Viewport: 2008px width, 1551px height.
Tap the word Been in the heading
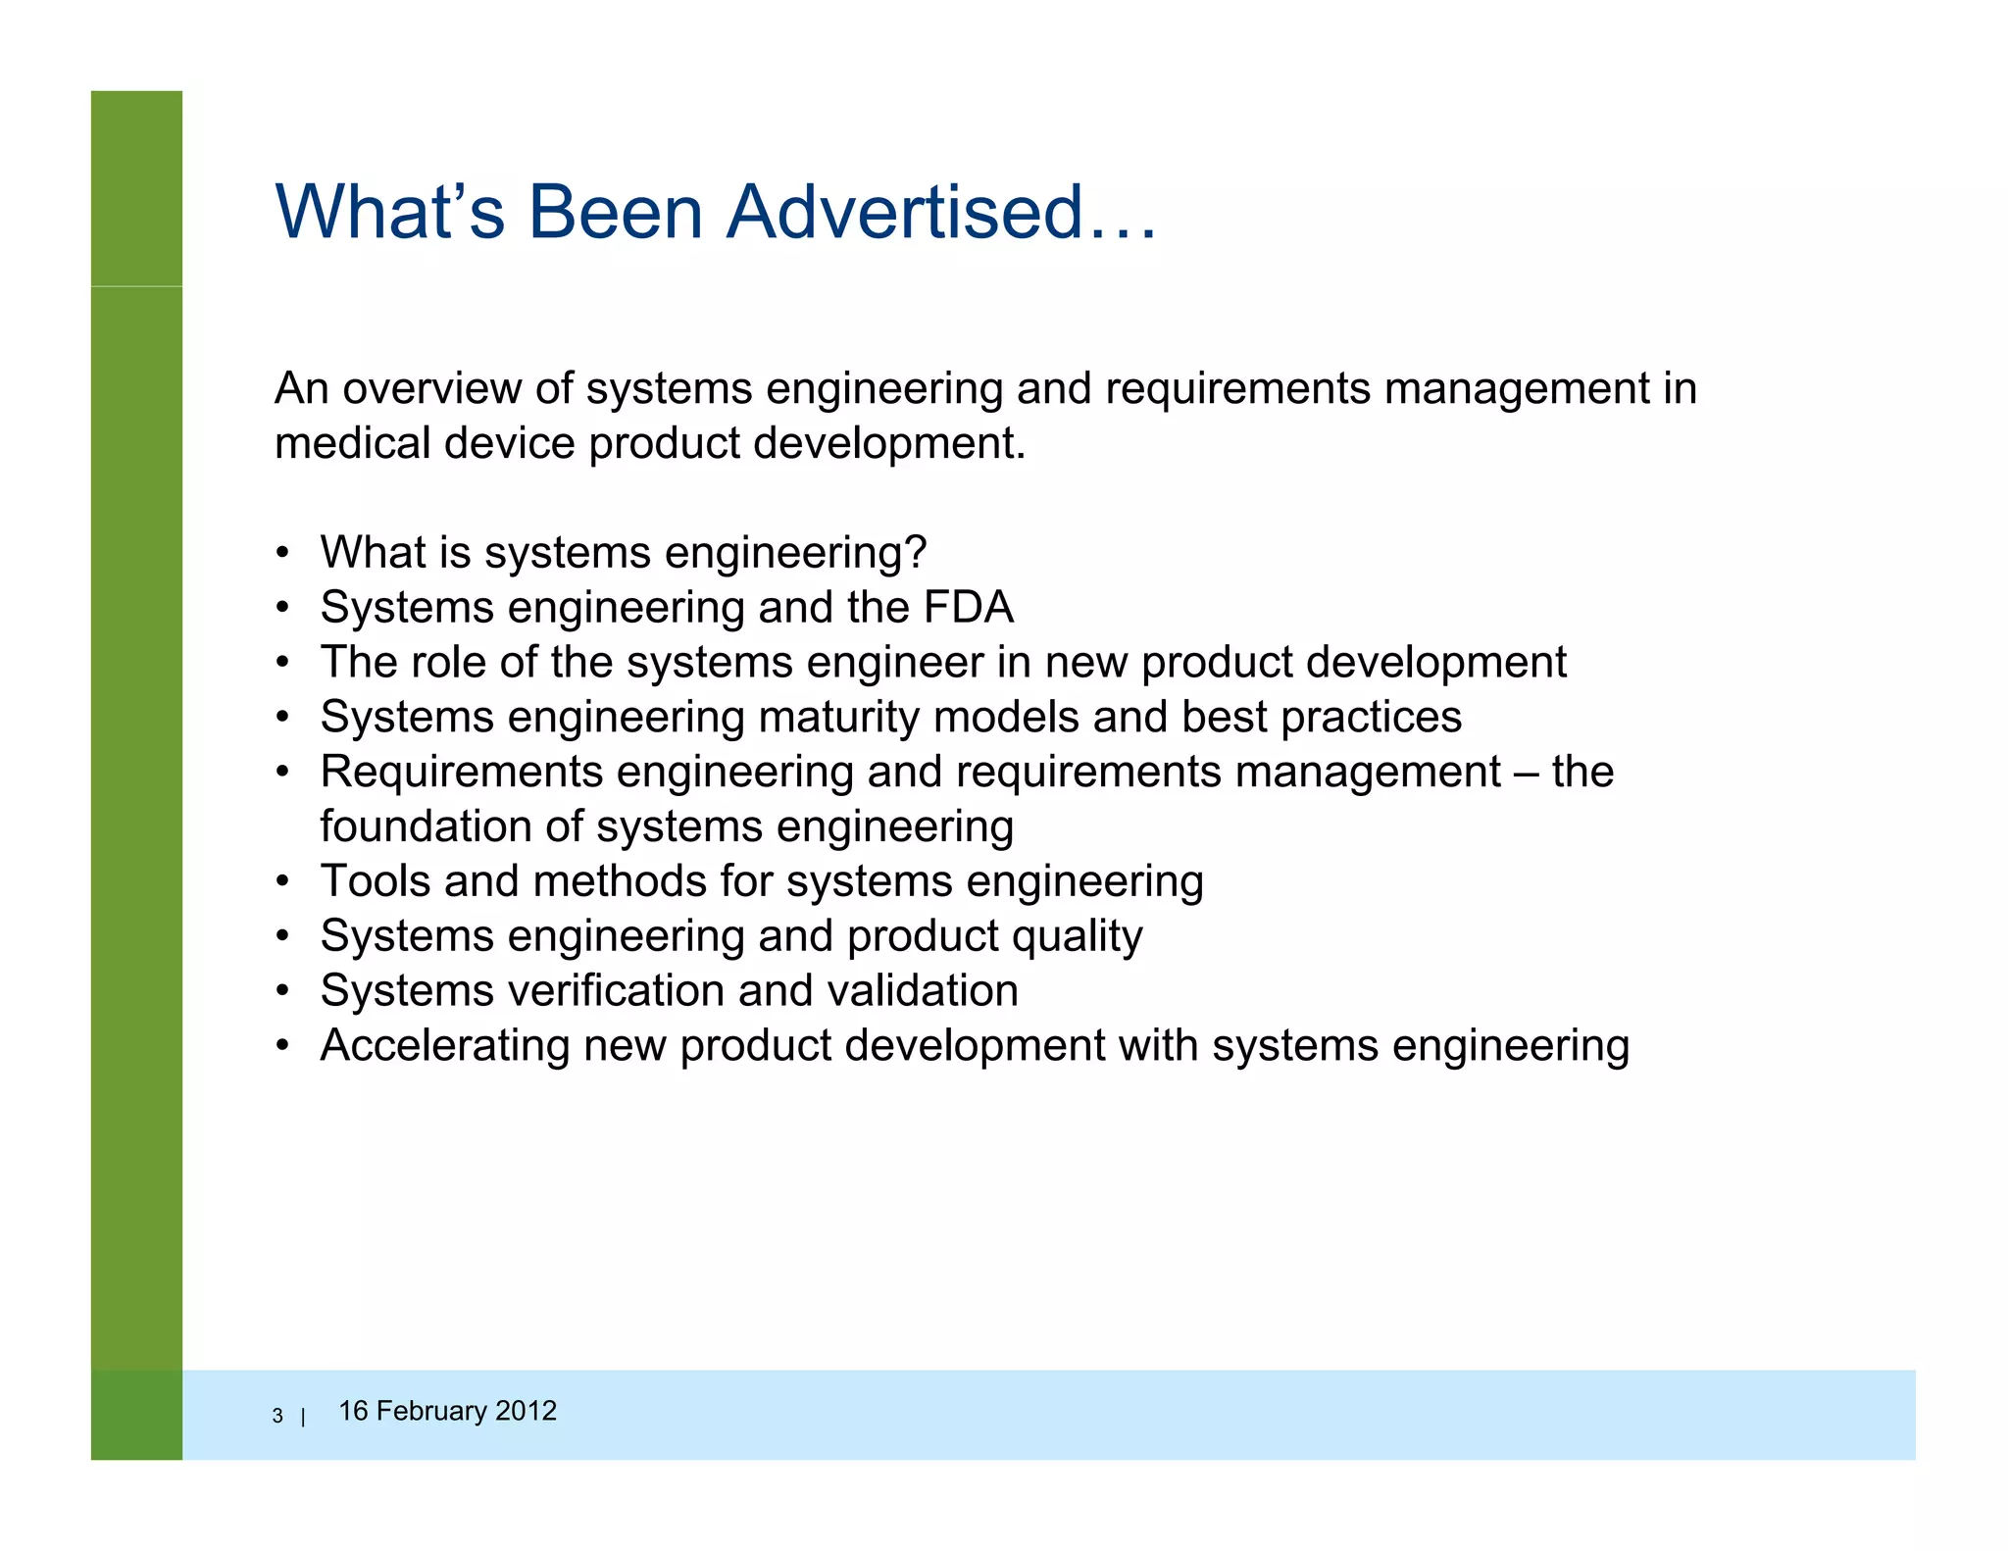coord(616,212)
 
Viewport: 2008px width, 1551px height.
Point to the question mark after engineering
coord(915,552)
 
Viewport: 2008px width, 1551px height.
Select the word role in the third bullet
coord(449,662)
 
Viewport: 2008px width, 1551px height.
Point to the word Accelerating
coord(444,1045)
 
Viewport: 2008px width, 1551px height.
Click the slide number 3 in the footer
coord(277,1416)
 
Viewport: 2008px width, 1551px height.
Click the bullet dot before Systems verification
coord(282,991)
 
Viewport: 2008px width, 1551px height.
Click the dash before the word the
coord(1526,773)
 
